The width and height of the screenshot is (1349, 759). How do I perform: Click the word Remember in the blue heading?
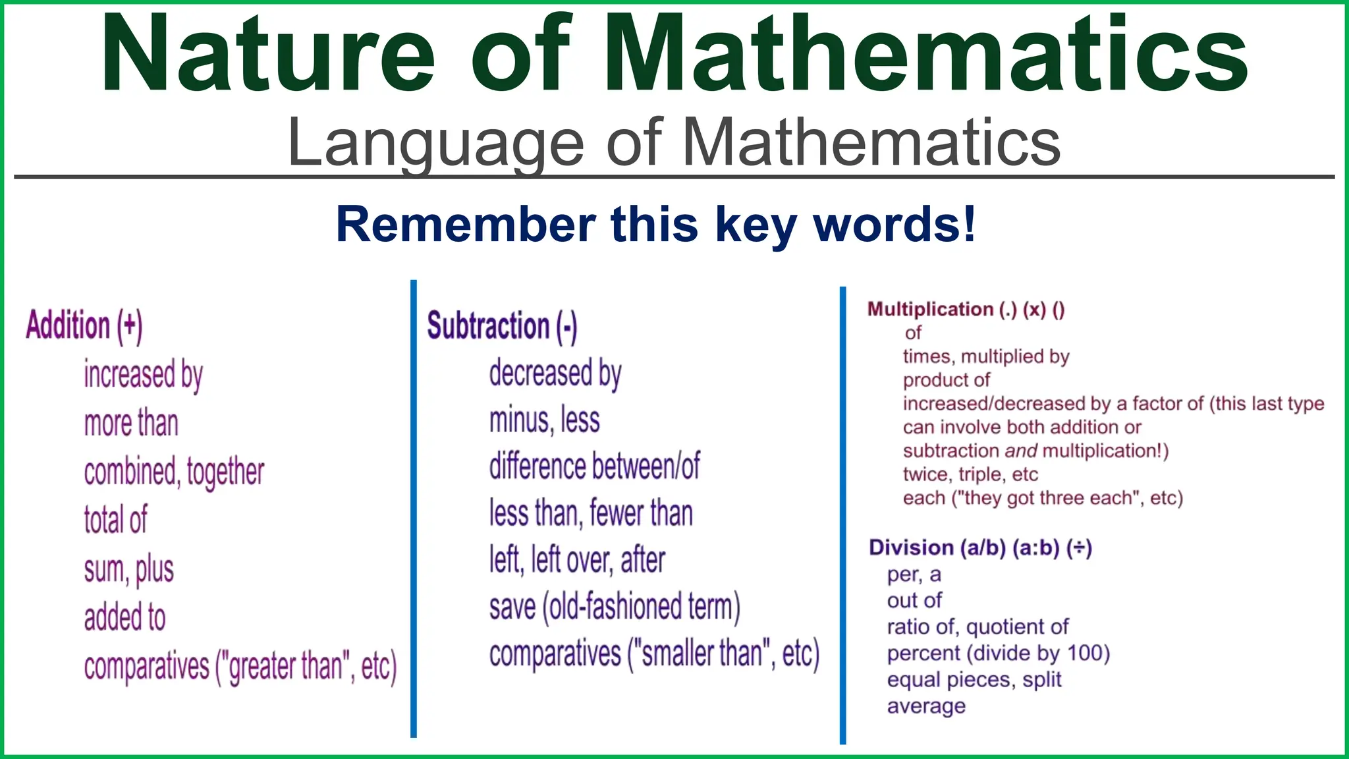(465, 225)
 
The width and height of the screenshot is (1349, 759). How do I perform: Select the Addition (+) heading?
(84, 325)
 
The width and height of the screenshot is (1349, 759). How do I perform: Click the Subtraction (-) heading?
(502, 326)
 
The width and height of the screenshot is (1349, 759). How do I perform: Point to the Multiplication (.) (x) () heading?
(966, 310)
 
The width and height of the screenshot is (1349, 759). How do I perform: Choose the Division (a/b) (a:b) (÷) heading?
(980, 548)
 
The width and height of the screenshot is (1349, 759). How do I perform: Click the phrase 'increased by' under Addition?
(144, 375)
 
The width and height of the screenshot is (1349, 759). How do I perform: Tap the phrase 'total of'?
(116, 520)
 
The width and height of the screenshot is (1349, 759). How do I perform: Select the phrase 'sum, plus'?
(129, 569)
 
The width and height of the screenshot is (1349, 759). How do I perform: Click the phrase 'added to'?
(125, 617)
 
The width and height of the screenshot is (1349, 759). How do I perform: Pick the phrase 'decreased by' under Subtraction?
(555, 374)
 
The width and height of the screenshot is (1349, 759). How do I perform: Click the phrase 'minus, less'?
(545, 420)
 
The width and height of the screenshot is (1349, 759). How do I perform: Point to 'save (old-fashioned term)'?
(615, 607)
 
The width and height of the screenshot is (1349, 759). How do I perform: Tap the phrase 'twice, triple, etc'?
(970, 474)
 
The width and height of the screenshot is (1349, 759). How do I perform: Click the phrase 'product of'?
(946, 380)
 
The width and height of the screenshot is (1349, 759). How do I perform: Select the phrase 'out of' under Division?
(914, 601)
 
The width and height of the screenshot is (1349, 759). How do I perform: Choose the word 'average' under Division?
(926, 706)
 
